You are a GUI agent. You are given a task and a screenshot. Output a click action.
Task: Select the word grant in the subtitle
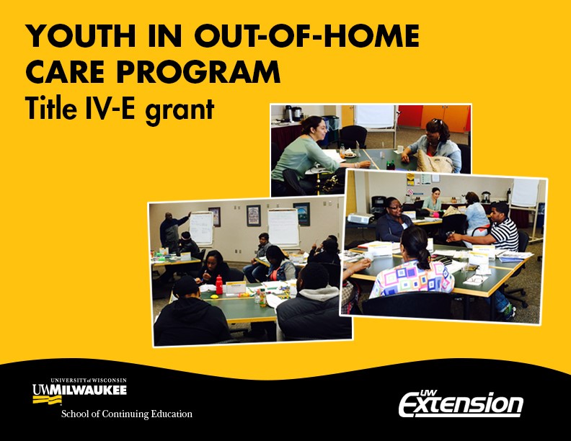pyautogui.click(x=180, y=110)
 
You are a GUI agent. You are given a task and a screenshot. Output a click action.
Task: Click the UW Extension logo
pyautogui.click(x=461, y=404)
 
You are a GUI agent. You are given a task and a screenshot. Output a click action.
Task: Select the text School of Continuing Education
pyautogui.click(x=127, y=414)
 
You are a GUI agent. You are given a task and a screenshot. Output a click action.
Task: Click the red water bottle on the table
pyautogui.click(x=219, y=285)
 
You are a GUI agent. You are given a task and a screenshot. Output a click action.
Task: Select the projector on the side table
pyautogui.click(x=360, y=218)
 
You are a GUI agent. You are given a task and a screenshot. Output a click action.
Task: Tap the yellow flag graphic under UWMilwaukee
pyautogui.click(x=47, y=400)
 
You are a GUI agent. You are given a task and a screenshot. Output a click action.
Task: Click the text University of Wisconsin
pyautogui.click(x=89, y=380)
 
